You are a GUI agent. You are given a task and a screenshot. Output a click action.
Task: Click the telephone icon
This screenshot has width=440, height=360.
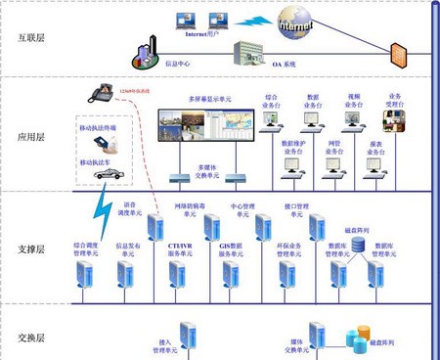pos(101,92)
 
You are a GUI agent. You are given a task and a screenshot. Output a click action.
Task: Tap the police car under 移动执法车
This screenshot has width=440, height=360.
pos(110,174)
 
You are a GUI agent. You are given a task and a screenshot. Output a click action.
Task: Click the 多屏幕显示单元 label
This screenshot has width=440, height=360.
pos(210,100)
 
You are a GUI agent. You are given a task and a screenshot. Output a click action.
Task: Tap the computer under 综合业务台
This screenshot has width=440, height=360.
pos(273,121)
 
